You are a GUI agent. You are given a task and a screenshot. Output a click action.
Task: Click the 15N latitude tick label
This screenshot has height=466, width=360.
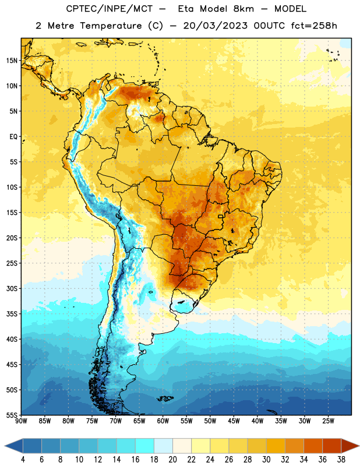[12, 61]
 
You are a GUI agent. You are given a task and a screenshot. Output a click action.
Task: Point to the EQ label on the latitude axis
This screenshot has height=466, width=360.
[13, 137]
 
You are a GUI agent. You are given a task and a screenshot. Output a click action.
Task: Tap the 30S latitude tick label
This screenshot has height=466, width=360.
[12, 289]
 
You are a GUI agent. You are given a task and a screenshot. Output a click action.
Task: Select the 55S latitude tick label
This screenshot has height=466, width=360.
[12, 415]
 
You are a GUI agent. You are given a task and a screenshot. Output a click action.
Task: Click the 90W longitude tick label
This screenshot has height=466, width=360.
[21, 421]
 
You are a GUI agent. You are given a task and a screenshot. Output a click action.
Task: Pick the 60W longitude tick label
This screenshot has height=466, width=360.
[163, 421]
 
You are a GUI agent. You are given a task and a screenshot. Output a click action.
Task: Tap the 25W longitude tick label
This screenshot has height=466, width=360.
[328, 421]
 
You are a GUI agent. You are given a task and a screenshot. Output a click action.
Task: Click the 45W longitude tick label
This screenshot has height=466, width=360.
[234, 421]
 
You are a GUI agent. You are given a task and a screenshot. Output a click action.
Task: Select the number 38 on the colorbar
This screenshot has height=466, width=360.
[341, 460]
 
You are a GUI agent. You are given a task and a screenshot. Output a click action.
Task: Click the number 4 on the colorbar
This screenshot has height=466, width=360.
[23, 460]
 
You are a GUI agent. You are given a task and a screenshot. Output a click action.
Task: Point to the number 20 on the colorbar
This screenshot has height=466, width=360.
[172, 460]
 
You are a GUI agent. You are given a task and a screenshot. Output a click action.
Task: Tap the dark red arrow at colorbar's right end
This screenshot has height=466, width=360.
[351, 446]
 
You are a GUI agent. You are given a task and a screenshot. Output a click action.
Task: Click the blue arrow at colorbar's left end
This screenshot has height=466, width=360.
[13, 446]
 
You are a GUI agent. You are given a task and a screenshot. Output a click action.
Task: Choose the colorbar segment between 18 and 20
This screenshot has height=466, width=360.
[163, 446]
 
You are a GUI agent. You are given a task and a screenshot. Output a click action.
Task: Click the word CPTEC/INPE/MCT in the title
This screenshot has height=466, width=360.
[110, 9]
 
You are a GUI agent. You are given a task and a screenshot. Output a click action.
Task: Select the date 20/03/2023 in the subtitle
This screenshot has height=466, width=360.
[215, 26]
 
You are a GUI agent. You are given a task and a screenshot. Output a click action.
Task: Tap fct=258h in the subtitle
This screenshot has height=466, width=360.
[314, 26]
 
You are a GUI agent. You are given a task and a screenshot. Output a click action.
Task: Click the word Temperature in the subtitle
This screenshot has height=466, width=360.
[111, 26]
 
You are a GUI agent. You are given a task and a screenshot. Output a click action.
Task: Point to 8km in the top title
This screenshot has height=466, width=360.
[243, 9]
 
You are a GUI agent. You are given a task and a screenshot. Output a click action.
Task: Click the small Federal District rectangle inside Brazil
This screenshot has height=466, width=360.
[221, 216]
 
